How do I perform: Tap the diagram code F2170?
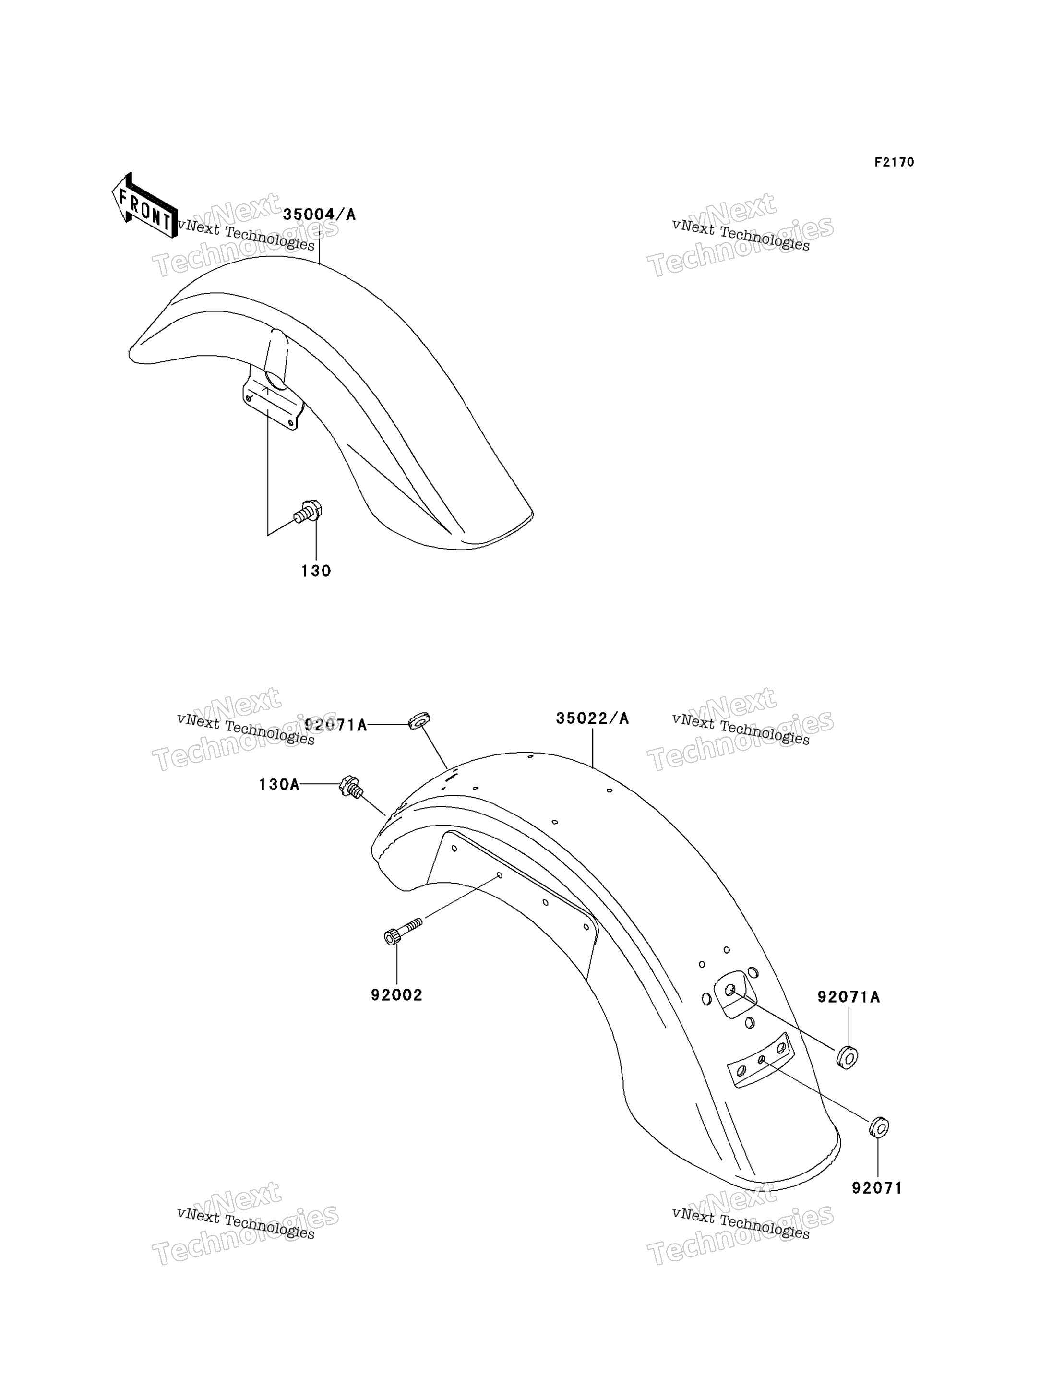coord(894,162)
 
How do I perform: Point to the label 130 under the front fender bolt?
coord(316,571)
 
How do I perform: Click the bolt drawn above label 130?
coord(309,511)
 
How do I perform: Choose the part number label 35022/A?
coord(592,718)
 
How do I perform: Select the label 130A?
coord(279,784)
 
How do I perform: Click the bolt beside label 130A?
coord(351,787)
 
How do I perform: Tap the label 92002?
coord(396,994)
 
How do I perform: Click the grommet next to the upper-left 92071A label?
coord(419,720)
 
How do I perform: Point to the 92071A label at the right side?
coord(849,996)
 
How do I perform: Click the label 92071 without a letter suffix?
coord(877,1188)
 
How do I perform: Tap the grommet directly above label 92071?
coord(879,1127)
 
